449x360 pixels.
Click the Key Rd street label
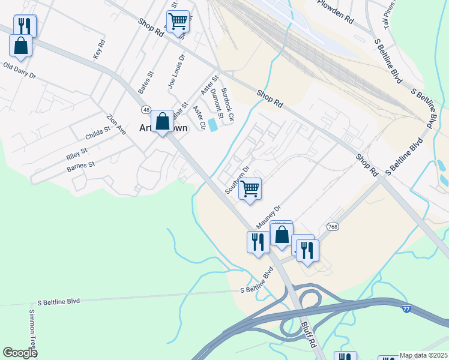[x=100, y=49]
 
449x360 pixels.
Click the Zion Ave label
[x=116, y=124]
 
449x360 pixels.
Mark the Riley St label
[x=77, y=154]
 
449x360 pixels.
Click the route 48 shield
[x=146, y=110]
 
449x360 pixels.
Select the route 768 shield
[x=334, y=227]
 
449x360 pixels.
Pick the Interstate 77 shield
[x=407, y=308]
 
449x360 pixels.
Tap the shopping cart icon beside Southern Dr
[x=250, y=190]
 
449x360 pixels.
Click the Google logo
[x=20, y=353]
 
